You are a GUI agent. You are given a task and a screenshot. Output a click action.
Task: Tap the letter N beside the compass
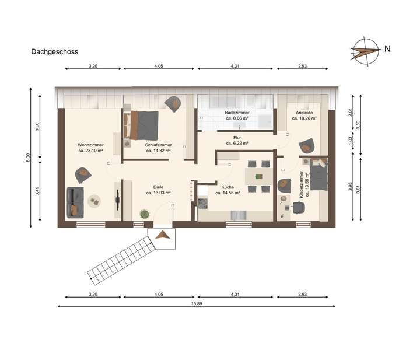click(387, 50)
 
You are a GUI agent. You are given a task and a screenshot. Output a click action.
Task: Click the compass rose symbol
click(365, 50)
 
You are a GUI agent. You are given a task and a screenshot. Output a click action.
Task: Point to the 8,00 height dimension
click(28, 158)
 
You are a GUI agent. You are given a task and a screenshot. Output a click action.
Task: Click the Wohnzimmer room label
click(90, 145)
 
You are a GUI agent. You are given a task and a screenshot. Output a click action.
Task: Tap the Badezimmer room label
click(237, 113)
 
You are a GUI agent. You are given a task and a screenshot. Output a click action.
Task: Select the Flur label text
click(237, 138)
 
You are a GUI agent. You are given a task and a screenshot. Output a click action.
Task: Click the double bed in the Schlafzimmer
click(143, 123)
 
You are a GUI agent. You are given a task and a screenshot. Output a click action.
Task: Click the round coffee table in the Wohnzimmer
click(94, 201)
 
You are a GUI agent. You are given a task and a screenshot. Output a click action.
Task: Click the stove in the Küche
click(203, 204)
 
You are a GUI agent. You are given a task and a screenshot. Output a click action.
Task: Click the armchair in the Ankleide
click(306, 145)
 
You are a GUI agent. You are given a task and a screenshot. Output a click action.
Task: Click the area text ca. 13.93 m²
click(158, 193)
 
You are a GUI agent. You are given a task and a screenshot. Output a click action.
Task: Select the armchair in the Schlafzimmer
click(173, 103)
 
